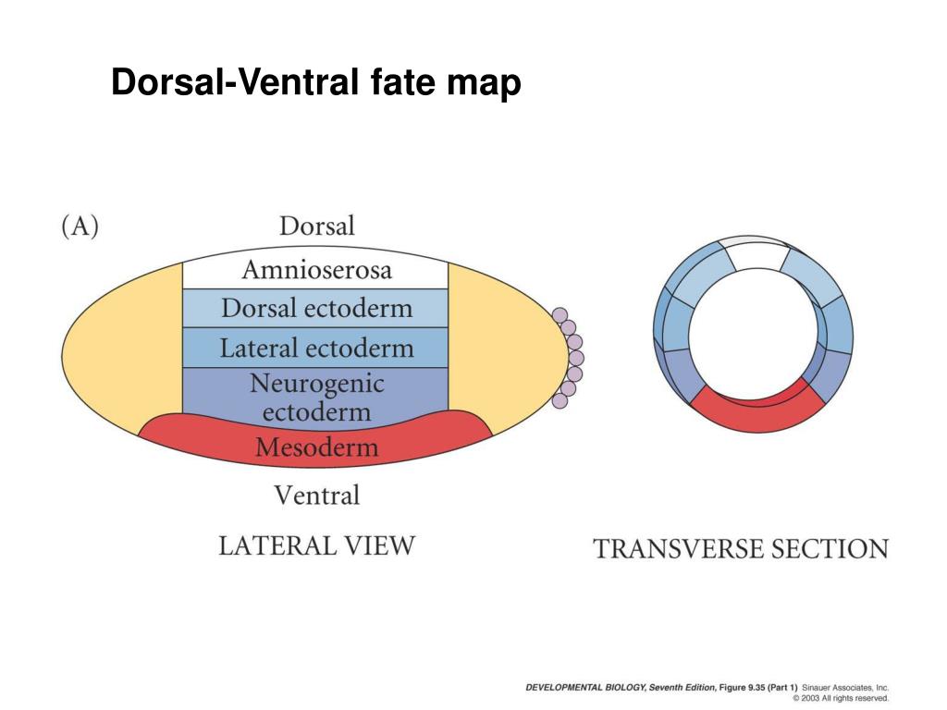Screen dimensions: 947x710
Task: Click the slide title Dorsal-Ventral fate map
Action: point(316,83)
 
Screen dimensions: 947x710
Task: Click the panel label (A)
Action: point(80,226)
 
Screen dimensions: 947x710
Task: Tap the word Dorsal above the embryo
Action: point(316,226)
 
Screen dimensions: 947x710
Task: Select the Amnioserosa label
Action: point(316,270)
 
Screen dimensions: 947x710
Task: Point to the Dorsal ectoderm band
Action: point(316,308)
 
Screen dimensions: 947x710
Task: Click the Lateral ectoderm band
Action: point(316,349)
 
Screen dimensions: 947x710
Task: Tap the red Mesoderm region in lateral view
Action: point(316,448)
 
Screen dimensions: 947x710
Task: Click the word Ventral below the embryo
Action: point(316,496)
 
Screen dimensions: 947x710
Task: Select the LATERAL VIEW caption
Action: point(316,545)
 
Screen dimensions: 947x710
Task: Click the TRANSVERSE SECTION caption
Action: point(740,549)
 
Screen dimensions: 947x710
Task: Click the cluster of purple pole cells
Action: point(569,358)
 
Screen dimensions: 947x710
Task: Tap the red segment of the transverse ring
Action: point(754,410)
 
